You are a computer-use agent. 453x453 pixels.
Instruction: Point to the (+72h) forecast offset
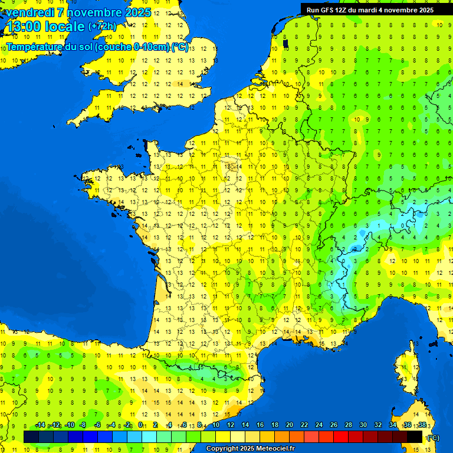point(102,27)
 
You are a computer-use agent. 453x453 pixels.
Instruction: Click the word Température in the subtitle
point(35,47)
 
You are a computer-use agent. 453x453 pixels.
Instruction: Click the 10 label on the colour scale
point(215,425)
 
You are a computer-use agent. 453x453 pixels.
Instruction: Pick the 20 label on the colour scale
point(290,425)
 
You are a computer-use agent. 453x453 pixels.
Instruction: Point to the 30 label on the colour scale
point(363,425)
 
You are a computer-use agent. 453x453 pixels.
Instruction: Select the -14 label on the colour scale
point(40,425)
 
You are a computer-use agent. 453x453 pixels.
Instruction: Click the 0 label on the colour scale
point(140,425)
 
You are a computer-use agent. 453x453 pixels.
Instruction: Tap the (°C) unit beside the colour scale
point(432,437)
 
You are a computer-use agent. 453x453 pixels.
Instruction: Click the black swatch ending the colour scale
point(415,436)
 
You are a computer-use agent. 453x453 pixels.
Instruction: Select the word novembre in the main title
point(97,12)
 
